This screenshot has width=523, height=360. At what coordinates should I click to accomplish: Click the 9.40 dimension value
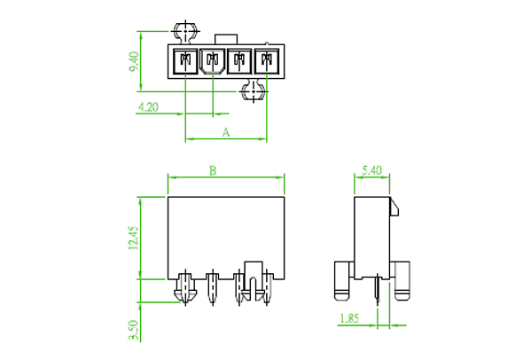[x=134, y=61]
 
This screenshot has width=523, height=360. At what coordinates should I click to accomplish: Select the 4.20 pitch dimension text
[x=148, y=107]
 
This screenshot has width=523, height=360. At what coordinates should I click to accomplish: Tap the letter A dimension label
[x=226, y=132]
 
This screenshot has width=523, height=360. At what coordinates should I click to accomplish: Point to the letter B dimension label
[x=213, y=170]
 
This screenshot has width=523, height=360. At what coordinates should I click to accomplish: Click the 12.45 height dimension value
[x=133, y=239]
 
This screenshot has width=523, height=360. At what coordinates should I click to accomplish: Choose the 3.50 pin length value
[x=134, y=330]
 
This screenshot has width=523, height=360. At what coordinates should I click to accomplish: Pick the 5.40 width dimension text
[x=371, y=170]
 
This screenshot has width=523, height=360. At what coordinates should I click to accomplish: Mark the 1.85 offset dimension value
[x=349, y=318]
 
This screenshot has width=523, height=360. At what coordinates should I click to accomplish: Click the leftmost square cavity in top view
[x=185, y=61]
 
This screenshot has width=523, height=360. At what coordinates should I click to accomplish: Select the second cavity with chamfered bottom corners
[x=213, y=61]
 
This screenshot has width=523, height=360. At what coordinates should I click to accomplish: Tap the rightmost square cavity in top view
[x=267, y=61]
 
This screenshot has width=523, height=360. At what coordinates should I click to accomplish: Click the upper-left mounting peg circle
[x=185, y=31]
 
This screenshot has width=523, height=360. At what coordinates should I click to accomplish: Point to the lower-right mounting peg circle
[x=254, y=90]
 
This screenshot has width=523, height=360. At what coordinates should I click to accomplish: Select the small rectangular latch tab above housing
[x=226, y=39]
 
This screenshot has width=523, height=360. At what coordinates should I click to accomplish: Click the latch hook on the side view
[x=394, y=207]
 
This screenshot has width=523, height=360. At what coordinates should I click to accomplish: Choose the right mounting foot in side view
[x=402, y=280]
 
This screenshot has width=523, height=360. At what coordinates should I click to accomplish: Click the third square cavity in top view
[x=239, y=61]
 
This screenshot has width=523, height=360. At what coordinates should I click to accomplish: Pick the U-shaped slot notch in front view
[x=254, y=279]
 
